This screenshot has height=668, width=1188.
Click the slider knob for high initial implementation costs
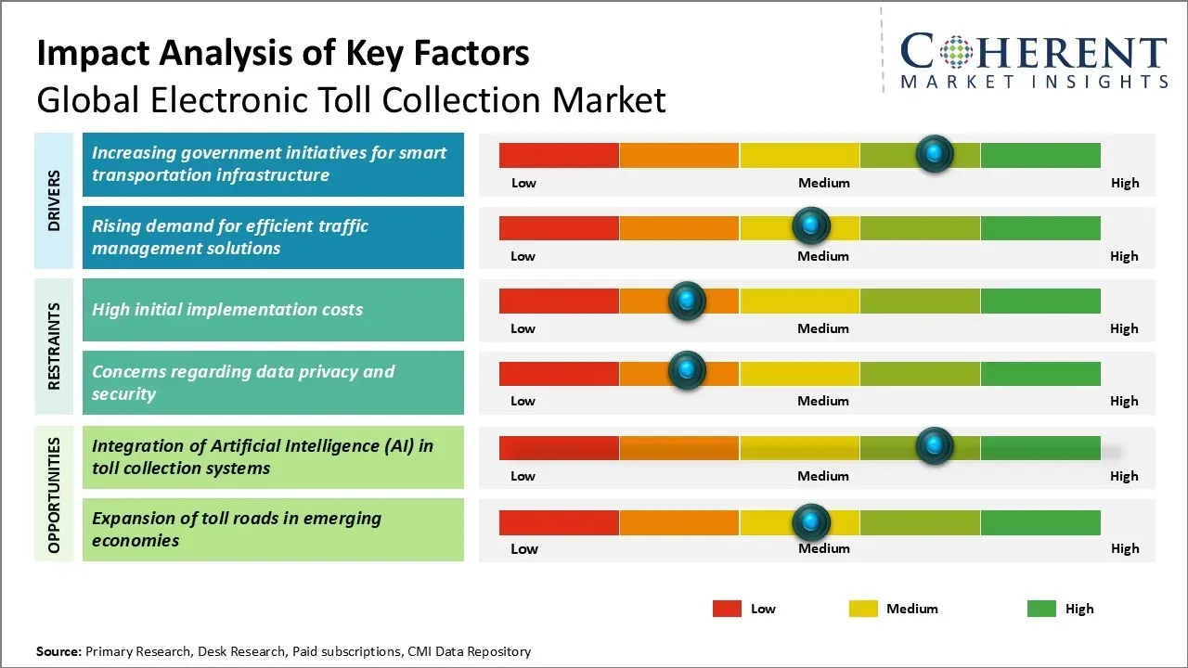tap(687, 300)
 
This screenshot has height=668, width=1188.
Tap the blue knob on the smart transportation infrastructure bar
tap(934, 153)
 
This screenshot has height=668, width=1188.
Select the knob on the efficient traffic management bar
tap(811, 225)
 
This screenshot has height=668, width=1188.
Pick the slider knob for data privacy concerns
tap(687, 371)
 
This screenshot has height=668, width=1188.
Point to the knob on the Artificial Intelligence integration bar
tap(934, 445)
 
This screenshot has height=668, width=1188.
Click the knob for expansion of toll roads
tap(811, 522)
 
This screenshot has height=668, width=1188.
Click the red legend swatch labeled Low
tap(727, 609)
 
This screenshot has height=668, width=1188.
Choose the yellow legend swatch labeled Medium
tap(863, 609)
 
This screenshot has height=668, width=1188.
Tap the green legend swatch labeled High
tap(1041, 609)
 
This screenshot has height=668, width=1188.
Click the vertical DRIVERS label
tap(54, 200)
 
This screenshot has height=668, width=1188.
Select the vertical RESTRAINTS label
tap(54, 346)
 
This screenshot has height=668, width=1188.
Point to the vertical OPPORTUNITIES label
tap(54, 495)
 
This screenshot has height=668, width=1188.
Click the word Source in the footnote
tap(58, 651)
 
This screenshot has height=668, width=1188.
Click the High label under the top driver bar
tap(1124, 183)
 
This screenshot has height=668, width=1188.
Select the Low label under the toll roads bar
tap(523, 548)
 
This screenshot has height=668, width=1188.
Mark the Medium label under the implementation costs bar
tap(823, 328)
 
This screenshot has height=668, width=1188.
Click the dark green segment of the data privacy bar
tap(1039, 374)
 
